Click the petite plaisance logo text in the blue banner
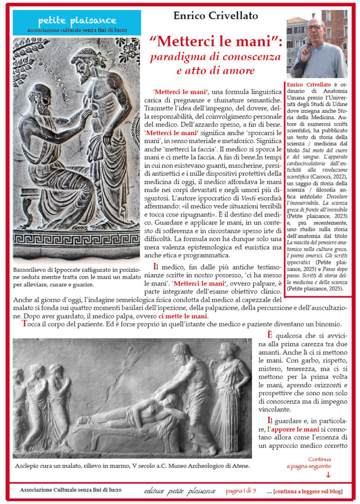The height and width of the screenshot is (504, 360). [77, 21]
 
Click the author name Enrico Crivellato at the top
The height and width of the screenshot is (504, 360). [215, 16]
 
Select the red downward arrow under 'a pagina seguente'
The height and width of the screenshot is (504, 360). [328, 474]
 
